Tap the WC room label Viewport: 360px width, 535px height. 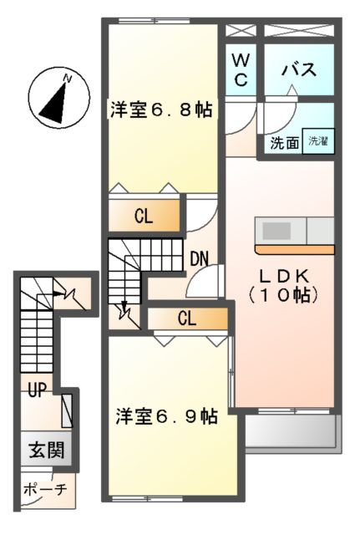click(x=241, y=69)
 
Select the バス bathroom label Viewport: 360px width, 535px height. click(x=298, y=69)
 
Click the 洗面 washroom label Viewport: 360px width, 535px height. click(x=284, y=142)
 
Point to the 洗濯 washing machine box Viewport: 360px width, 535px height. click(x=318, y=141)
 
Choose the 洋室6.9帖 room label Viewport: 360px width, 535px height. click(x=166, y=415)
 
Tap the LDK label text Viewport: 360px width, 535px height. click(x=284, y=275)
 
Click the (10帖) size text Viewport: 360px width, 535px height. click(x=284, y=294)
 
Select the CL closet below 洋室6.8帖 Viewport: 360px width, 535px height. click(x=144, y=217)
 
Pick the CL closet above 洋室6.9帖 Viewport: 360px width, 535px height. click(x=186, y=318)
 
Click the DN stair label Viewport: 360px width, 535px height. click(x=199, y=258)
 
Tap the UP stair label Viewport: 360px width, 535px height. click(x=36, y=390)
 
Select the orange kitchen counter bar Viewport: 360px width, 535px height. click(x=294, y=248)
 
